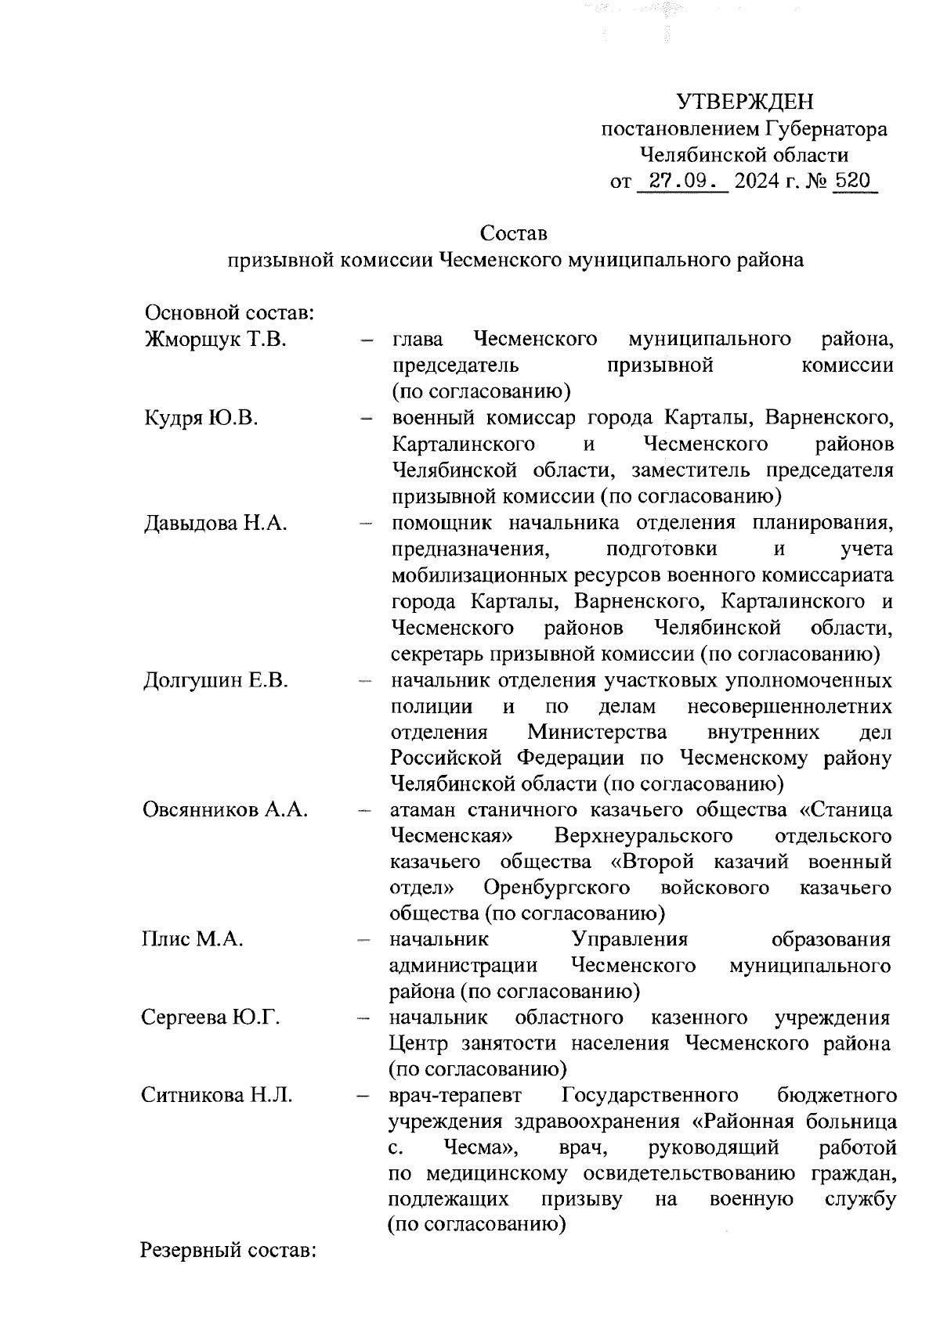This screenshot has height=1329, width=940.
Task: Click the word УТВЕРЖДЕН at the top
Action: pyautogui.click(x=745, y=102)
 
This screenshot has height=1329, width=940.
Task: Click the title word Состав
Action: pyautogui.click(x=513, y=233)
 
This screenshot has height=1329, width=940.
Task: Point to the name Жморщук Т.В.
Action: pyautogui.click(x=215, y=340)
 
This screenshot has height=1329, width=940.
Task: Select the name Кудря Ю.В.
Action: pyautogui.click(x=201, y=418)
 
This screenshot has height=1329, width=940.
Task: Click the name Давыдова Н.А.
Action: pyautogui.click(x=215, y=523)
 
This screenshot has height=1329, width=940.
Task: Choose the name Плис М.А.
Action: pyautogui.click(x=192, y=939)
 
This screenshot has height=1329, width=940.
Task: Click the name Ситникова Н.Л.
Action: pyautogui.click(x=217, y=1095)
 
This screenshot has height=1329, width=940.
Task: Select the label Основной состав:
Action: pyautogui.click(x=230, y=314)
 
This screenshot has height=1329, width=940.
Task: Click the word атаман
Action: pyautogui.click(x=424, y=809)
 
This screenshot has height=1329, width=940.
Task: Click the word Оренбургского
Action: pyautogui.click(x=557, y=888)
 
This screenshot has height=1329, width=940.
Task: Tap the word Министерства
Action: pyautogui.click(x=597, y=732)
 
